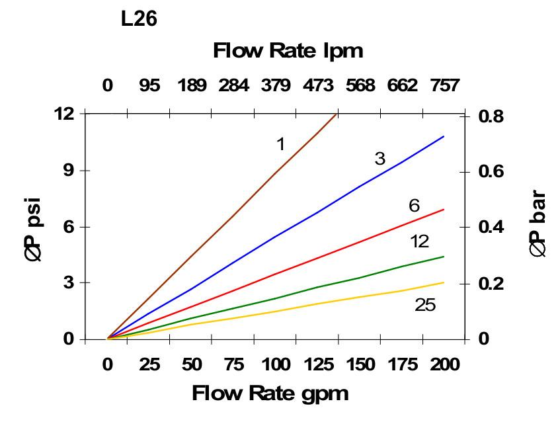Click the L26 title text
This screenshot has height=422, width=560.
tap(139, 20)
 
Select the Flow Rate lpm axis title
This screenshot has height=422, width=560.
tap(288, 51)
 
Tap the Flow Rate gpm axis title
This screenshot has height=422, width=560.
tap(270, 394)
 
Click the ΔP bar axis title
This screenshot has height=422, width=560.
tap(538, 224)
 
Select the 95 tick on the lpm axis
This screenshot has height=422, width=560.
tap(149, 86)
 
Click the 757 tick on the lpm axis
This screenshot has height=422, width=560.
tap(444, 86)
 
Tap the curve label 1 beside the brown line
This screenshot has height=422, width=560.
tap(281, 144)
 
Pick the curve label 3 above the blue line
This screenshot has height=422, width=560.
tap(380, 159)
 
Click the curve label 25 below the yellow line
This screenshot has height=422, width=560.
tap(425, 305)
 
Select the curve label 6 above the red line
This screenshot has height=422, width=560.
tap(414, 206)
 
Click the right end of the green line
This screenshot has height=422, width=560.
tap(443, 257)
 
